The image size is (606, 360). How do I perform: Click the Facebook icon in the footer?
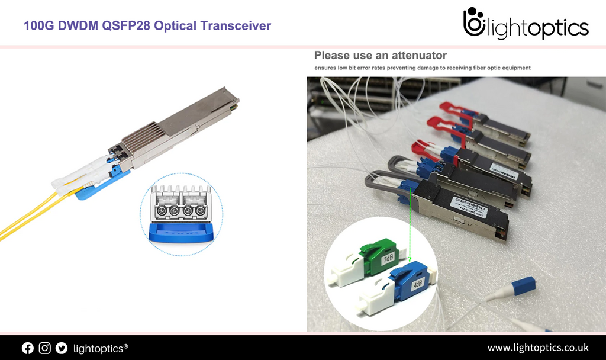[28, 348]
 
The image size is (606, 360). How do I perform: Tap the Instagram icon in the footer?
[45, 348]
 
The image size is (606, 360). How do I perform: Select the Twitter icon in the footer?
[62, 348]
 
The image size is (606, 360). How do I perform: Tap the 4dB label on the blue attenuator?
[417, 285]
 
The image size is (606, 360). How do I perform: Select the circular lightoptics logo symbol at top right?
[473, 24]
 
